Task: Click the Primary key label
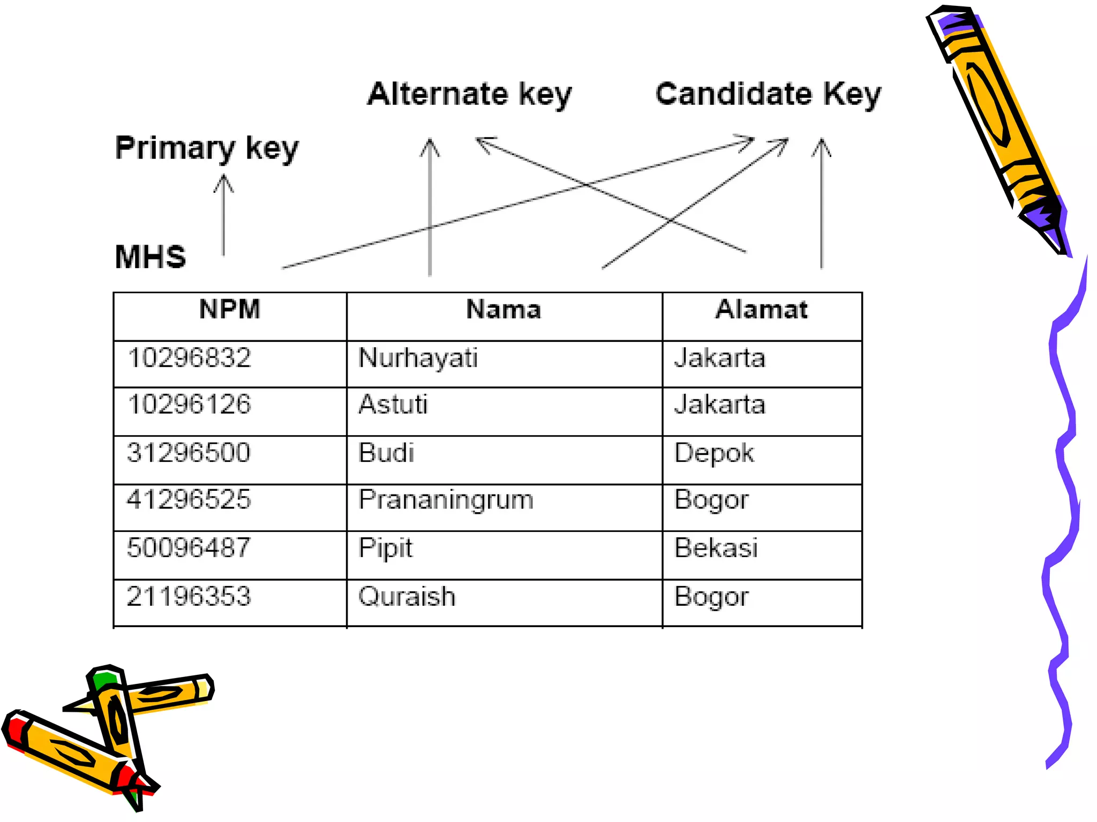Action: [x=207, y=148]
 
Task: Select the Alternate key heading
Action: [x=469, y=95]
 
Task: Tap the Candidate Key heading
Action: [x=768, y=95]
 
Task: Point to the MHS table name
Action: [x=151, y=257]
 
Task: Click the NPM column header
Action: [x=230, y=310]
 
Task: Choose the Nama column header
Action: [x=504, y=310]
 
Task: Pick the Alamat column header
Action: [x=761, y=310]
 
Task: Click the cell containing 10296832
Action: [x=190, y=358]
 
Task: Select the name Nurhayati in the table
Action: [x=418, y=358]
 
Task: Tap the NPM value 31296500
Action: [x=189, y=453]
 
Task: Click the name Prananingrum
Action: [x=446, y=500]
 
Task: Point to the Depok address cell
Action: [x=714, y=453]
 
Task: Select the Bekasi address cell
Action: [x=716, y=548]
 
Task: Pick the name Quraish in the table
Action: [x=407, y=597]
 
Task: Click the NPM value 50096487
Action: [x=189, y=548]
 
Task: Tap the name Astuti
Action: [x=393, y=405]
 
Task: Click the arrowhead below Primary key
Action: [x=223, y=183]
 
